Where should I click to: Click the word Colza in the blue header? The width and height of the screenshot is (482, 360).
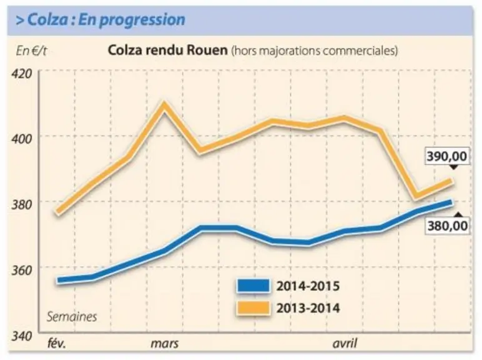(47, 20)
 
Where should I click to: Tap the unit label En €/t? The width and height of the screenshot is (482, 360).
(31, 51)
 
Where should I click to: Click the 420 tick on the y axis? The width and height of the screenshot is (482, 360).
(21, 74)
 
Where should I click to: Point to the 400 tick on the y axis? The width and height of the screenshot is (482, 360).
(21, 139)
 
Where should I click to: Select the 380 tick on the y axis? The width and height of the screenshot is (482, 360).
(21, 204)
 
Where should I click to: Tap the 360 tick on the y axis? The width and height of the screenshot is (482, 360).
(21, 270)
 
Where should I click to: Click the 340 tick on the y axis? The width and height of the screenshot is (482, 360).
(21, 336)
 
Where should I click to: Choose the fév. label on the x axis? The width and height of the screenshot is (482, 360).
(57, 343)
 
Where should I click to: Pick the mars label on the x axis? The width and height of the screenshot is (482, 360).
(164, 343)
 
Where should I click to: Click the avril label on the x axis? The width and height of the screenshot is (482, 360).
(344, 343)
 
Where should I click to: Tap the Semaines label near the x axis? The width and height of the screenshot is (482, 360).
(72, 317)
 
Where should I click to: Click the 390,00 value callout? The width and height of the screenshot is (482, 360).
(446, 156)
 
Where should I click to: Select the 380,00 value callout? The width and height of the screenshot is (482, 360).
(447, 226)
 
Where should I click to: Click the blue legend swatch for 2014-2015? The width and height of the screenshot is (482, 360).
(253, 286)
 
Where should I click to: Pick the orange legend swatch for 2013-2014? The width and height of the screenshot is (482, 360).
(253, 308)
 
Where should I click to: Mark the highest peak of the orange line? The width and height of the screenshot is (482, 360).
(164, 106)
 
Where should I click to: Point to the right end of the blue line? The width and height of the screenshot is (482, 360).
(451, 202)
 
